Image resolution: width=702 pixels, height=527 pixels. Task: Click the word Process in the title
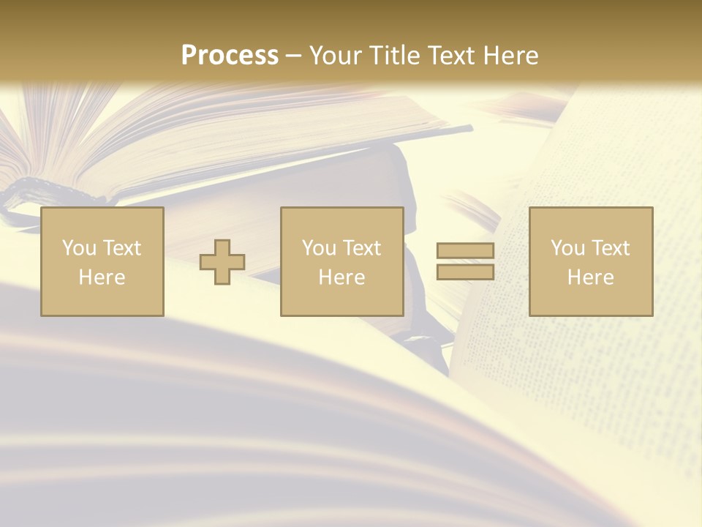point(230,56)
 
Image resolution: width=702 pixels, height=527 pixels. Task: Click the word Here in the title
point(513,56)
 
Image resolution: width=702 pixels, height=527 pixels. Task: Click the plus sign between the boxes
point(222,262)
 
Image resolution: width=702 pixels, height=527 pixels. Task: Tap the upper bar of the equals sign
point(465,251)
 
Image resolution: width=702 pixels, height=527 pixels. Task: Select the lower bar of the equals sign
point(465,272)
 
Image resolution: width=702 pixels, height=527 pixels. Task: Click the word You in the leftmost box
point(79,248)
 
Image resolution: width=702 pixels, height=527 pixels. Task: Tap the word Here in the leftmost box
point(102,277)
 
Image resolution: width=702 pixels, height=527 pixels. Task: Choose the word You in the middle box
point(319,248)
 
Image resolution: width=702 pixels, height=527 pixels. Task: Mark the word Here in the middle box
point(341,277)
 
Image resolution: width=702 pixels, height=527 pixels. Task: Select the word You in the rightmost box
point(567,248)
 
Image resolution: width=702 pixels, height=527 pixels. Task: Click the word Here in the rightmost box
point(590,277)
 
